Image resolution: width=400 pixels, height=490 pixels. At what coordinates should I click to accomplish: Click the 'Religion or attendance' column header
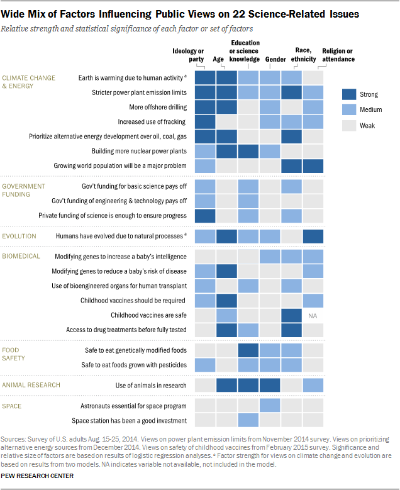tap(338, 55)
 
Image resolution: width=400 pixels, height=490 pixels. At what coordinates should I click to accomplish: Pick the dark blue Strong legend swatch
tap(350, 94)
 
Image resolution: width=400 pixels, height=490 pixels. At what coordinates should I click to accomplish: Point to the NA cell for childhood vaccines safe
tap(313, 315)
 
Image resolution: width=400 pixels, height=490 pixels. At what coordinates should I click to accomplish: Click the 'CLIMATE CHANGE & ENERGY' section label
tap(29, 82)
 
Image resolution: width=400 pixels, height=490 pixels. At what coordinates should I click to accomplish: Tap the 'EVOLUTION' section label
tap(19, 237)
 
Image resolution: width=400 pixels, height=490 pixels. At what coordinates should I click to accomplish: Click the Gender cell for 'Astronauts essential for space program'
tap(270, 406)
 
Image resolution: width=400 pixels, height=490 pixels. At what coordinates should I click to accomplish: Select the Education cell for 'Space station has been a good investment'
tap(248, 420)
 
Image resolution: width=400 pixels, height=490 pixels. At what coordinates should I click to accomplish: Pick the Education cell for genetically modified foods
tap(248, 350)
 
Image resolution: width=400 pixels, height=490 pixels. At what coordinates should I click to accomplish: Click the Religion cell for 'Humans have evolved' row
tap(313, 237)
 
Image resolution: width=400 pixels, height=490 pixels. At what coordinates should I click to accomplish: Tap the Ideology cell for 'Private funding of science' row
tap(204, 215)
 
